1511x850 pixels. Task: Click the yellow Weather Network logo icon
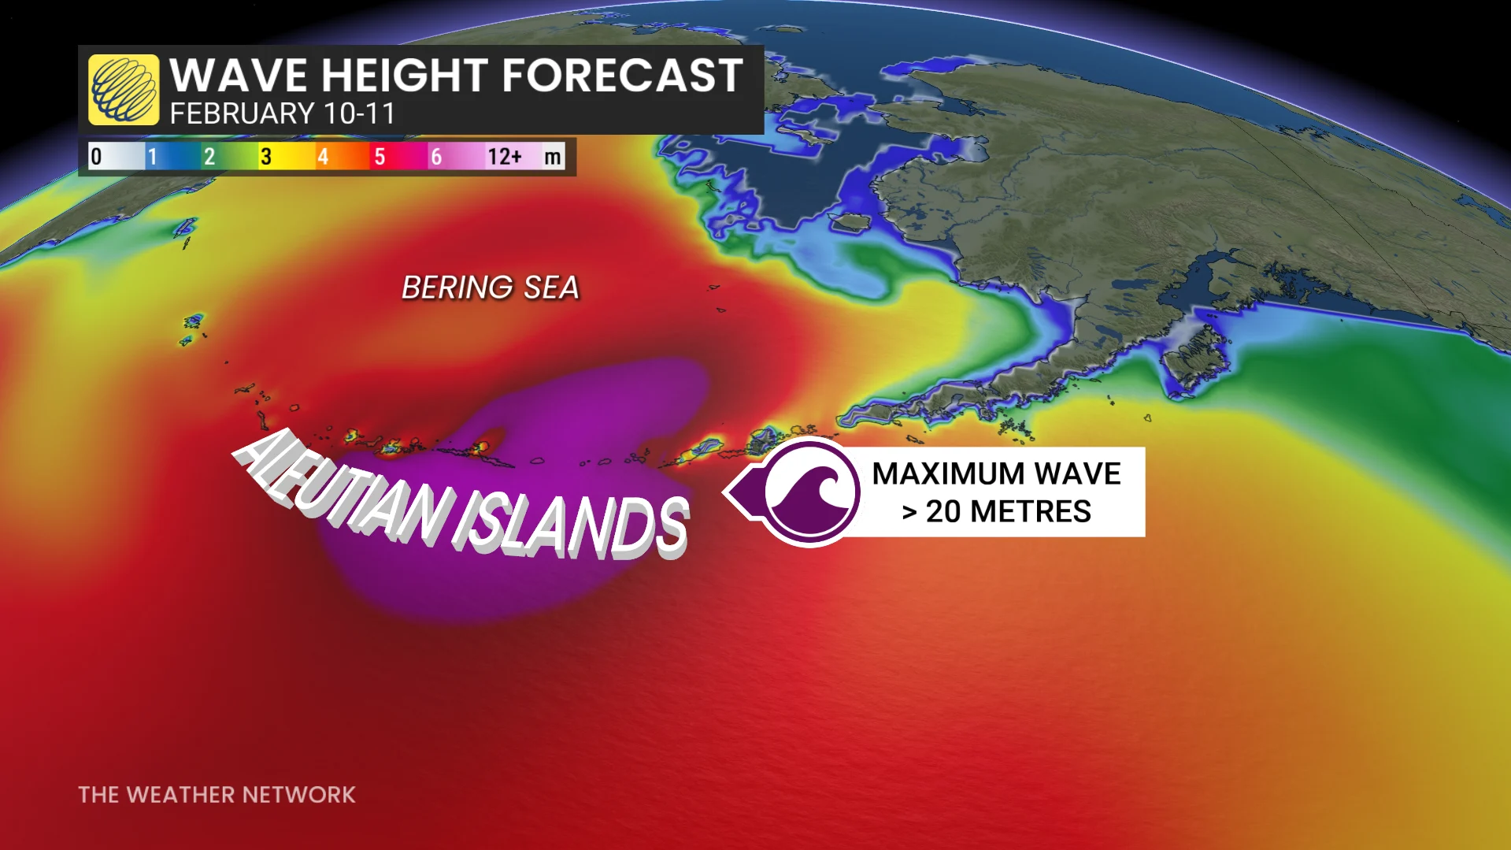124,90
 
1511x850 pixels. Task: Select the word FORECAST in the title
622,76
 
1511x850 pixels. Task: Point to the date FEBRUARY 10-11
282,114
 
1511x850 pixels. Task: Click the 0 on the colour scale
96,157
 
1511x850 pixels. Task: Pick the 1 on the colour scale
153,157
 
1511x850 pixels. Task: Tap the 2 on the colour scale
209,157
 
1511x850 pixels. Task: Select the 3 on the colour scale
266,157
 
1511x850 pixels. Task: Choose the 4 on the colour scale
323,157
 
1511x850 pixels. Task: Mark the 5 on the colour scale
380,157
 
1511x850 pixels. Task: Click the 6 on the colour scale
436,157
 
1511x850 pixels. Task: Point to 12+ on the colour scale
504,157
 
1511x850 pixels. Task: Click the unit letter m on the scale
553,157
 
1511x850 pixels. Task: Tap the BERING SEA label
491,288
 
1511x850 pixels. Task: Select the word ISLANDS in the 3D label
571,524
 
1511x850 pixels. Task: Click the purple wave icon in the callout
810,492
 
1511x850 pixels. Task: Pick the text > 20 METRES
996,512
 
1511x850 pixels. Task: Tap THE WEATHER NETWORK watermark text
217,795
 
